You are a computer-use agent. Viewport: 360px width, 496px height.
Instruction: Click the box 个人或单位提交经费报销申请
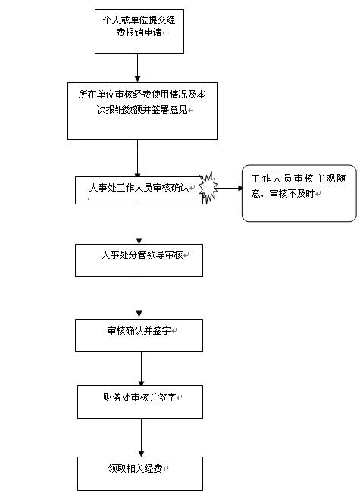tap(139, 31)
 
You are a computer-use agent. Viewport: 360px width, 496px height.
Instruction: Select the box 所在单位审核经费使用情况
tap(142, 111)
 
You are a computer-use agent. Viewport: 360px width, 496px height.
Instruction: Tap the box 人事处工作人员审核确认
tap(139, 190)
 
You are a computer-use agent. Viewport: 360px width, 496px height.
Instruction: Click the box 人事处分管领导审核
tap(139, 260)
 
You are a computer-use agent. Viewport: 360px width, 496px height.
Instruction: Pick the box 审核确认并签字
tap(139, 335)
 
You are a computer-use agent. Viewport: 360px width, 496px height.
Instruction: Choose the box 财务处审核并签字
tap(140, 402)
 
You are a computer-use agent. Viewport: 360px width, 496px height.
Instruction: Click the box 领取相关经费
tap(140, 473)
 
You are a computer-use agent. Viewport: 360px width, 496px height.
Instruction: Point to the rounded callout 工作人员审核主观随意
tap(299, 193)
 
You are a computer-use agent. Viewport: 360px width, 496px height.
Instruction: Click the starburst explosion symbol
tap(208, 188)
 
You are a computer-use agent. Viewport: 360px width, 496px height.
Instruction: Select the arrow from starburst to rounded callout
tap(230, 189)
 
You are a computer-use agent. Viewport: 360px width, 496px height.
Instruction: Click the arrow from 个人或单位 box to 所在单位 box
tap(137, 67)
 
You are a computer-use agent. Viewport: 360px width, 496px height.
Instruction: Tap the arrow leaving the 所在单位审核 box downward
tap(137, 158)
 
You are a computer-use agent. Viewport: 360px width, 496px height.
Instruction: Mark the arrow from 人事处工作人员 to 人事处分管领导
tap(139, 224)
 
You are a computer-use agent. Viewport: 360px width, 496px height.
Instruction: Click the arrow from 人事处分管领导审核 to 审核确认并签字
tap(139, 297)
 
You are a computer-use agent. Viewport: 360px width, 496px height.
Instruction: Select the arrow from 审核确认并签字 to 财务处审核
tap(141, 369)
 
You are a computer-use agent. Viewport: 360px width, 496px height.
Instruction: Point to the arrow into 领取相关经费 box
tap(141, 438)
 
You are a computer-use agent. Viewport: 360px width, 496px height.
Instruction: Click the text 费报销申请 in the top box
tap(139, 33)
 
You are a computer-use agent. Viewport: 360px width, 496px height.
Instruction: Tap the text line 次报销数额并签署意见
tap(142, 110)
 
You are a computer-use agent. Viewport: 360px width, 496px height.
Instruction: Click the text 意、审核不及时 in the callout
tap(283, 193)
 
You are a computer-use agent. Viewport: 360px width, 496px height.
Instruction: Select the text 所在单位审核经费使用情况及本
tap(142, 95)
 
